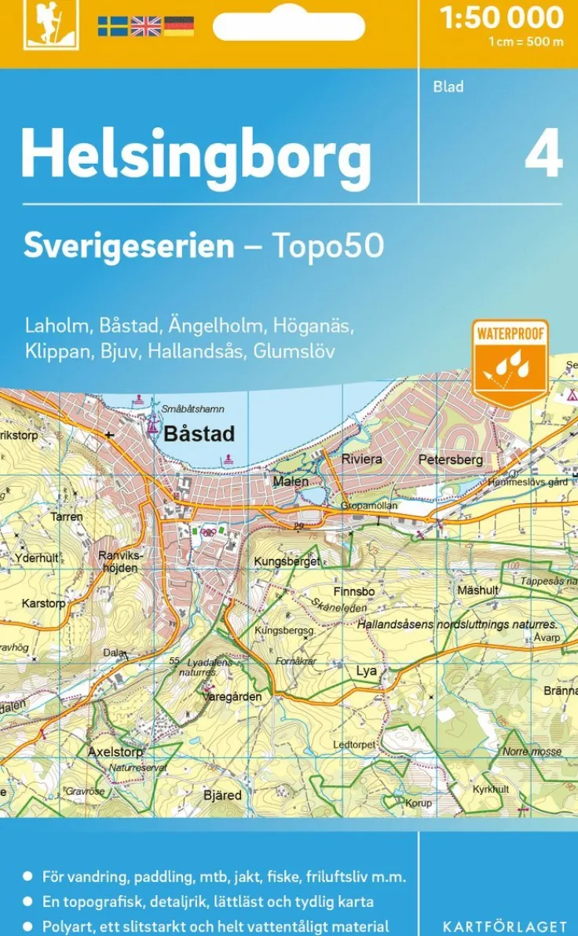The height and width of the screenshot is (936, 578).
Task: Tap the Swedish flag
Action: click(x=112, y=26)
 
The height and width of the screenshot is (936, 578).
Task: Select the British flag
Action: click(x=145, y=26)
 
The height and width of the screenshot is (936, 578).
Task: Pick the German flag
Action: click(x=179, y=26)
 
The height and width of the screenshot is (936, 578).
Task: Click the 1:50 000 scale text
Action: click(x=502, y=17)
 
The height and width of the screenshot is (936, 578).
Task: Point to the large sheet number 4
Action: click(x=543, y=155)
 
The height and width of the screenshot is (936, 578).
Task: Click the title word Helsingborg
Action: click(x=196, y=154)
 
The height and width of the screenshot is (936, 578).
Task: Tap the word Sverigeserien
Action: click(x=129, y=246)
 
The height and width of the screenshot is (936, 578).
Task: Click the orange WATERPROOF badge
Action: click(x=510, y=361)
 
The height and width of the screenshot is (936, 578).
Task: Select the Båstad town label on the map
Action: click(x=199, y=433)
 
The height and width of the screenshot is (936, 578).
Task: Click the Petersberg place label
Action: click(x=450, y=459)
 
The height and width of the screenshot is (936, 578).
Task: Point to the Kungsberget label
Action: click(x=287, y=561)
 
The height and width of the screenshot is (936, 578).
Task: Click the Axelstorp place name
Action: click(x=115, y=751)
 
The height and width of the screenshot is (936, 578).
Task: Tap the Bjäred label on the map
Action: click(x=222, y=795)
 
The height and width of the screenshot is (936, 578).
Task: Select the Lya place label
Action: click(x=367, y=671)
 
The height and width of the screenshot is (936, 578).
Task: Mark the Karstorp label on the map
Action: click(x=44, y=604)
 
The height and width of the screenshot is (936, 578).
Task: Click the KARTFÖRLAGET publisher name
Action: click(x=504, y=927)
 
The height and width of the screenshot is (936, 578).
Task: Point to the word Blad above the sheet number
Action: click(x=448, y=86)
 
